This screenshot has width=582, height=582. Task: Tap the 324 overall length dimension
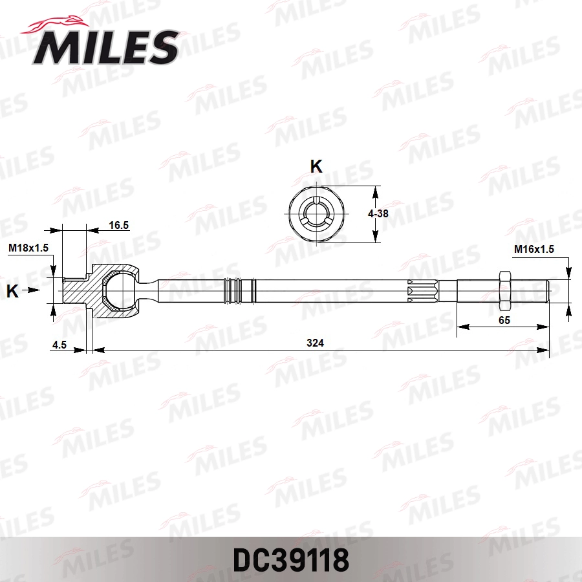pos(317,343)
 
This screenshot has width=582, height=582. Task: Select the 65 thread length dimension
pos(504,319)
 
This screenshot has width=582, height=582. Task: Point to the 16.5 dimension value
pos(119,225)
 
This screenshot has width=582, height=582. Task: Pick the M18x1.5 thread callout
pos(29,248)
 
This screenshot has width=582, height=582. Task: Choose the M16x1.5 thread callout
pos(533,249)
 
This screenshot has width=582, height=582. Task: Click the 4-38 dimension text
pos(378,213)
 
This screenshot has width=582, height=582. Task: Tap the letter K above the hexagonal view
pos(316,167)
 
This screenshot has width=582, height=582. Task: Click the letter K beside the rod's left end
pos(12,292)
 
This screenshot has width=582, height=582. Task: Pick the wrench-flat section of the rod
pos(424,291)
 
